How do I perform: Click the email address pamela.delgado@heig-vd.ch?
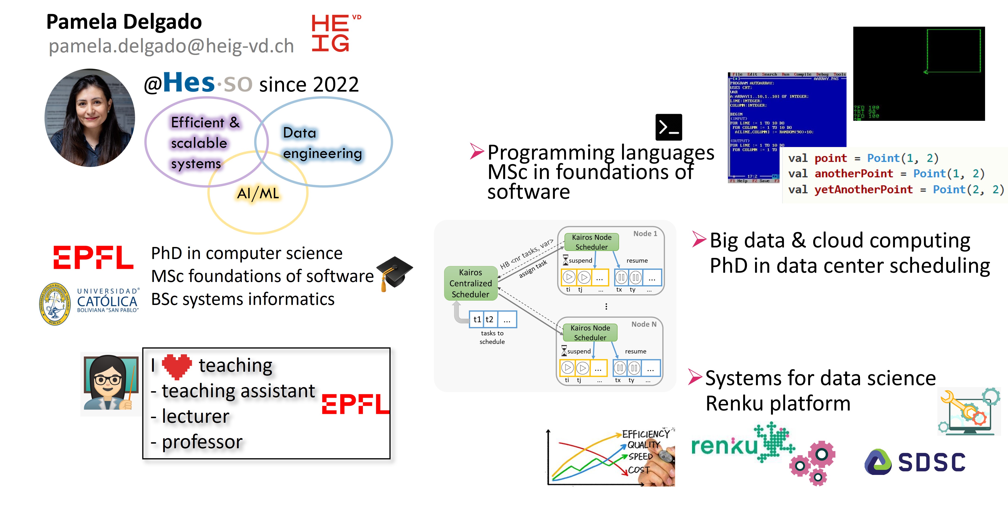pyautogui.click(x=171, y=46)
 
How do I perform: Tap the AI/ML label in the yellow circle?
pyautogui.click(x=258, y=193)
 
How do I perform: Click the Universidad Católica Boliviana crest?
pyautogui.click(x=55, y=304)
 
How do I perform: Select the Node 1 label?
pyautogui.click(x=645, y=234)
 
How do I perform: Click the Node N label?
pyautogui.click(x=643, y=324)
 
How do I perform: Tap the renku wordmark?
pyautogui.click(x=724, y=446)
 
